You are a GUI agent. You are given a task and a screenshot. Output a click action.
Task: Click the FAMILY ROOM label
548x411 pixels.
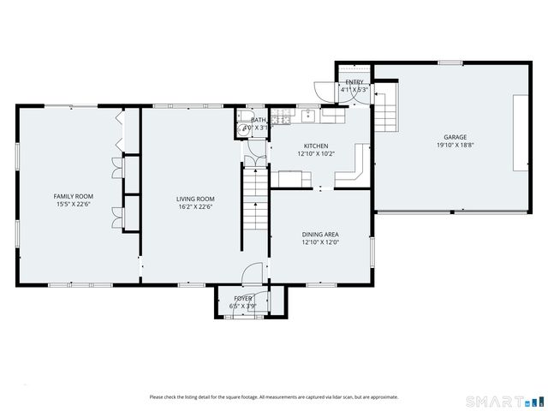tap(74, 196)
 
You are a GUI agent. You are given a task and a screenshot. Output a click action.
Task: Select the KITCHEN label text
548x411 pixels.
tap(316, 146)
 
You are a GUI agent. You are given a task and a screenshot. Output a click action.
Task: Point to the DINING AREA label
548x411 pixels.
tap(320, 234)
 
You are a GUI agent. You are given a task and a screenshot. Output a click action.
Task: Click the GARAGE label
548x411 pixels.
tap(455, 137)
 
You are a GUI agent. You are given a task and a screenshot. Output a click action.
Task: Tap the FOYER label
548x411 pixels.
tap(242, 298)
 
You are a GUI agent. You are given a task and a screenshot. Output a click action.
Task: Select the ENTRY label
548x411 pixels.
tap(354, 82)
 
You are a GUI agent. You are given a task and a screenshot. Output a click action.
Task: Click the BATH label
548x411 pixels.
tap(259, 120)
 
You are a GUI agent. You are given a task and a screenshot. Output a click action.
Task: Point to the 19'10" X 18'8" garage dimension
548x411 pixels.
tap(455, 146)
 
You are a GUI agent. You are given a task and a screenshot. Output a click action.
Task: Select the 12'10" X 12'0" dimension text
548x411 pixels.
tap(320, 242)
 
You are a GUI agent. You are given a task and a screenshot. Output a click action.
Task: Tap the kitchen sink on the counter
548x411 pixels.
tap(306, 114)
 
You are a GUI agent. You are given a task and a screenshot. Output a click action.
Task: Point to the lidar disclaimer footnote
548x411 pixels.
tap(273, 396)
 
